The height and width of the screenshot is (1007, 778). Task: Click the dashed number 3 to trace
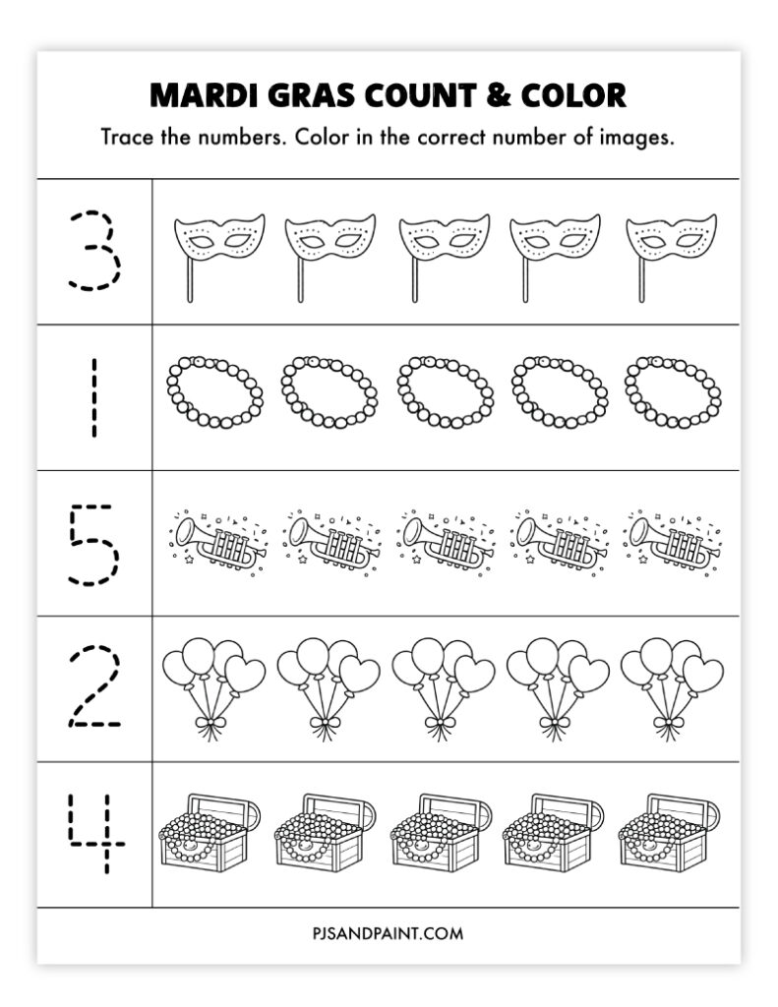click(x=95, y=249)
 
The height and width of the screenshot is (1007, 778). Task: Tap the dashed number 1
click(x=94, y=398)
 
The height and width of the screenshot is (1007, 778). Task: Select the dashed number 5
click(x=95, y=543)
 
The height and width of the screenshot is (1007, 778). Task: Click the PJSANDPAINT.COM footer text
click(x=389, y=932)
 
